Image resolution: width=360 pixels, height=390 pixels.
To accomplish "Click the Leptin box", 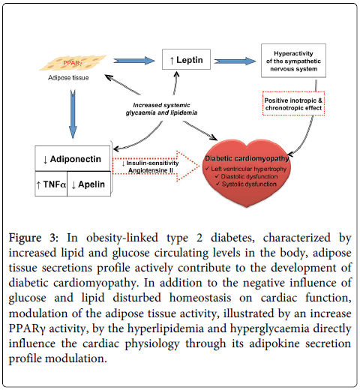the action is click(x=186, y=59).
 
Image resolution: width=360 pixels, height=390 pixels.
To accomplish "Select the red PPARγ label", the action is click(x=72, y=63).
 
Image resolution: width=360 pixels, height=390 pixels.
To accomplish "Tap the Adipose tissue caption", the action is click(x=68, y=78).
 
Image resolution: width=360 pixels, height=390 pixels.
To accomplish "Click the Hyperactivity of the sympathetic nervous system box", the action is click(x=293, y=61).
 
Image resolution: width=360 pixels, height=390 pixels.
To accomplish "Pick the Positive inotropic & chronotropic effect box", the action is click(x=293, y=103).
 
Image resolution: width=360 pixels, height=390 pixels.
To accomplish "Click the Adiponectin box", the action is click(x=73, y=159).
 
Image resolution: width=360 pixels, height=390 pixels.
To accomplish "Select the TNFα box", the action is click(x=51, y=184).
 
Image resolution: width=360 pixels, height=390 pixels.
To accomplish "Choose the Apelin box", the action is click(x=88, y=184).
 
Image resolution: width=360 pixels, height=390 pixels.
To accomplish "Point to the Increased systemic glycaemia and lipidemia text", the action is click(x=161, y=109).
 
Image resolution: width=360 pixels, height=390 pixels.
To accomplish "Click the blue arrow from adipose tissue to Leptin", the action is click(x=134, y=61).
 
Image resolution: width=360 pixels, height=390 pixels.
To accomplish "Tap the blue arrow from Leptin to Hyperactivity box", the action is click(x=235, y=61).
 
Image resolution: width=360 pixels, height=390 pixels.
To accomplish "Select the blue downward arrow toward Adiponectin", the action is click(x=73, y=114).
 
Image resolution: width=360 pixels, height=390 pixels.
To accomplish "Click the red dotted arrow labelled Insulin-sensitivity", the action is click(x=155, y=166).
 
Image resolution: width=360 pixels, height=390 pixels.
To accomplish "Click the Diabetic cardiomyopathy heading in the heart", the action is click(x=247, y=158).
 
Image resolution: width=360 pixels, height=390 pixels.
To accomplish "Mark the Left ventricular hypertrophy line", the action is click(x=246, y=169).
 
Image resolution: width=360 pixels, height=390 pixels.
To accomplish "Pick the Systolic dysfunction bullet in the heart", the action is click(x=246, y=184).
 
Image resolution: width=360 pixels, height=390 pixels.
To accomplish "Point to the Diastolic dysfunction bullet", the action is click(x=246, y=176).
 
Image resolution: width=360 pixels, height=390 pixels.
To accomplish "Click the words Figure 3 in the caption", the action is click(x=33, y=238).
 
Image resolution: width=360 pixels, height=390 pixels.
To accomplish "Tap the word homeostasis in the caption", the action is click(x=200, y=298).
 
